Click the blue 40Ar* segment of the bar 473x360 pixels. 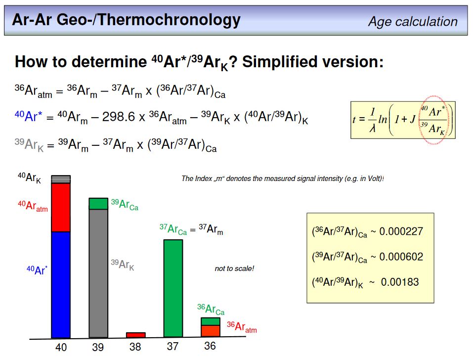(61, 285)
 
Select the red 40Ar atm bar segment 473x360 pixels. (61, 208)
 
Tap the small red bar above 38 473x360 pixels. (136, 335)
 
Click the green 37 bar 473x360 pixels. (173, 288)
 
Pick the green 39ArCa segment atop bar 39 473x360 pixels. (98, 204)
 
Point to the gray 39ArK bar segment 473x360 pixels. (98, 273)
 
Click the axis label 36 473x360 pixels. (210, 346)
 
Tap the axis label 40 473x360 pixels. (61, 347)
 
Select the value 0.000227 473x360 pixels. (401, 231)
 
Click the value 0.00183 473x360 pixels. (400, 282)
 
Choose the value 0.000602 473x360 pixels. (401, 257)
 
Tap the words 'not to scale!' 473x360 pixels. (234, 269)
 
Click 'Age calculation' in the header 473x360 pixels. (413, 22)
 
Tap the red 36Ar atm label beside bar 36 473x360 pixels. (242, 327)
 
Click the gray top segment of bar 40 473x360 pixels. (61, 179)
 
